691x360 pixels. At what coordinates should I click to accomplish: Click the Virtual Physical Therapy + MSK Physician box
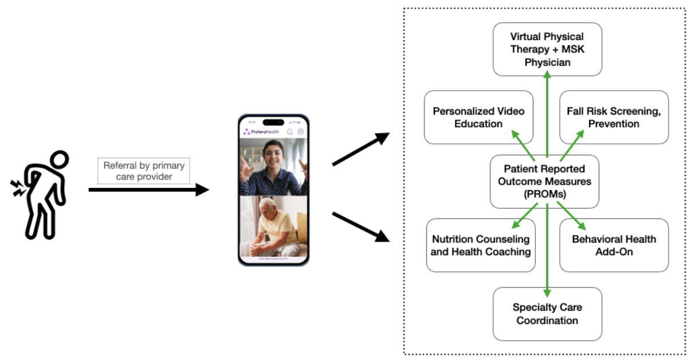click(547, 49)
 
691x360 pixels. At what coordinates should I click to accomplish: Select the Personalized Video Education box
click(478, 117)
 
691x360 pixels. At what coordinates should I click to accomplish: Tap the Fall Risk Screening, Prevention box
click(614, 117)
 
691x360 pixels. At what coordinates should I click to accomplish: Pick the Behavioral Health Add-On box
click(614, 245)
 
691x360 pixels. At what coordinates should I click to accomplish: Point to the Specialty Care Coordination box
click(547, 314)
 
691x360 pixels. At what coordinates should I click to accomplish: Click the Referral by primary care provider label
click(144, 171)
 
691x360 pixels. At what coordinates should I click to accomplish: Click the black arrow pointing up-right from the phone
click(360, 150)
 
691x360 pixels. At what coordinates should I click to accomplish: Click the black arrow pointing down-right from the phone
click(360, 226)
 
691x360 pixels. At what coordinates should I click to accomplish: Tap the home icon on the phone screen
click(290, 132)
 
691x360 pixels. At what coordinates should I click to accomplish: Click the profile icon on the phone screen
click(300, 132)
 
